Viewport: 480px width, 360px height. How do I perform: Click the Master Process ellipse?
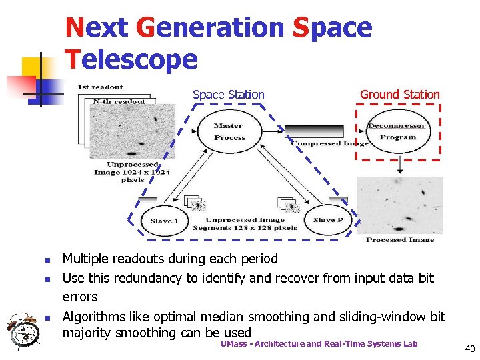(x=229, y=132)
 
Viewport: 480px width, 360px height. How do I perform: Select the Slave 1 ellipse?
(x=164, y=221)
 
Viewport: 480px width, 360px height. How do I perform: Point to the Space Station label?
(x=229, y=95)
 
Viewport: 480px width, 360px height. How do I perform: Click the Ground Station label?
(x=400, y=95)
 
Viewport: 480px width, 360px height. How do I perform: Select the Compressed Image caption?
(x=329, y=143)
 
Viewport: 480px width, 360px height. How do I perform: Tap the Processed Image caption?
(x=400, y=239)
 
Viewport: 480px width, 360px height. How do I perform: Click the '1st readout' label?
(x=101, y=87)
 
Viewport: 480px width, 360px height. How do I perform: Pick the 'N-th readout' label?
(x=119, y=101)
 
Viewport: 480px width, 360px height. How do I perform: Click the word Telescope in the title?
(x=131, y=60)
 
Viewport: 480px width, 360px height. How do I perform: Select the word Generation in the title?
(x=210, y=27)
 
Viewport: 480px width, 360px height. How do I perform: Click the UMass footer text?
(x=319, y=343)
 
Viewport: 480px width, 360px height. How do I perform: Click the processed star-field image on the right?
(x=400, y=205)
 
